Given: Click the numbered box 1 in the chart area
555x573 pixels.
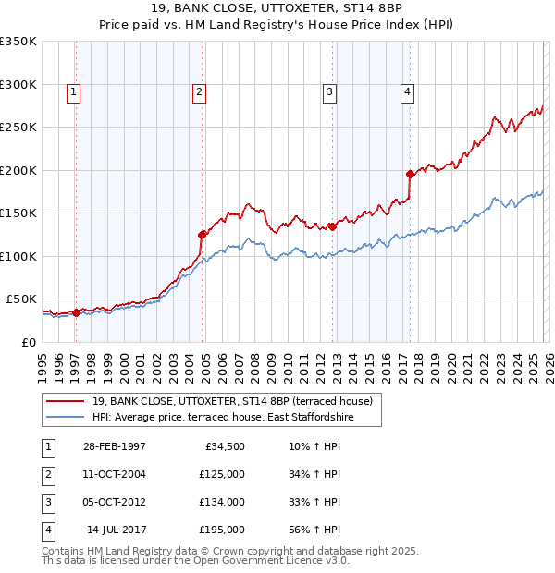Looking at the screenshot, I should (x=73, y=91).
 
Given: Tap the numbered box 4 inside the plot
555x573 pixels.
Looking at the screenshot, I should (x=407, y=91).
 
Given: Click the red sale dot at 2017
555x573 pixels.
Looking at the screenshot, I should (x=410, y=174).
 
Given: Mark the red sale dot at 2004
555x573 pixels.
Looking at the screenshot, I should (x=202, y=235).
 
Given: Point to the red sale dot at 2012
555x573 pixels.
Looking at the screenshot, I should (x=332, y=226).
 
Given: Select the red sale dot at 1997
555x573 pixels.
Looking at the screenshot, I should (x=77, y=312).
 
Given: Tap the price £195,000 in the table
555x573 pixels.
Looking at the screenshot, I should (x=222, y=530).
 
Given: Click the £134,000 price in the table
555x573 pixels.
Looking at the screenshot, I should (x=222, y=502).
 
